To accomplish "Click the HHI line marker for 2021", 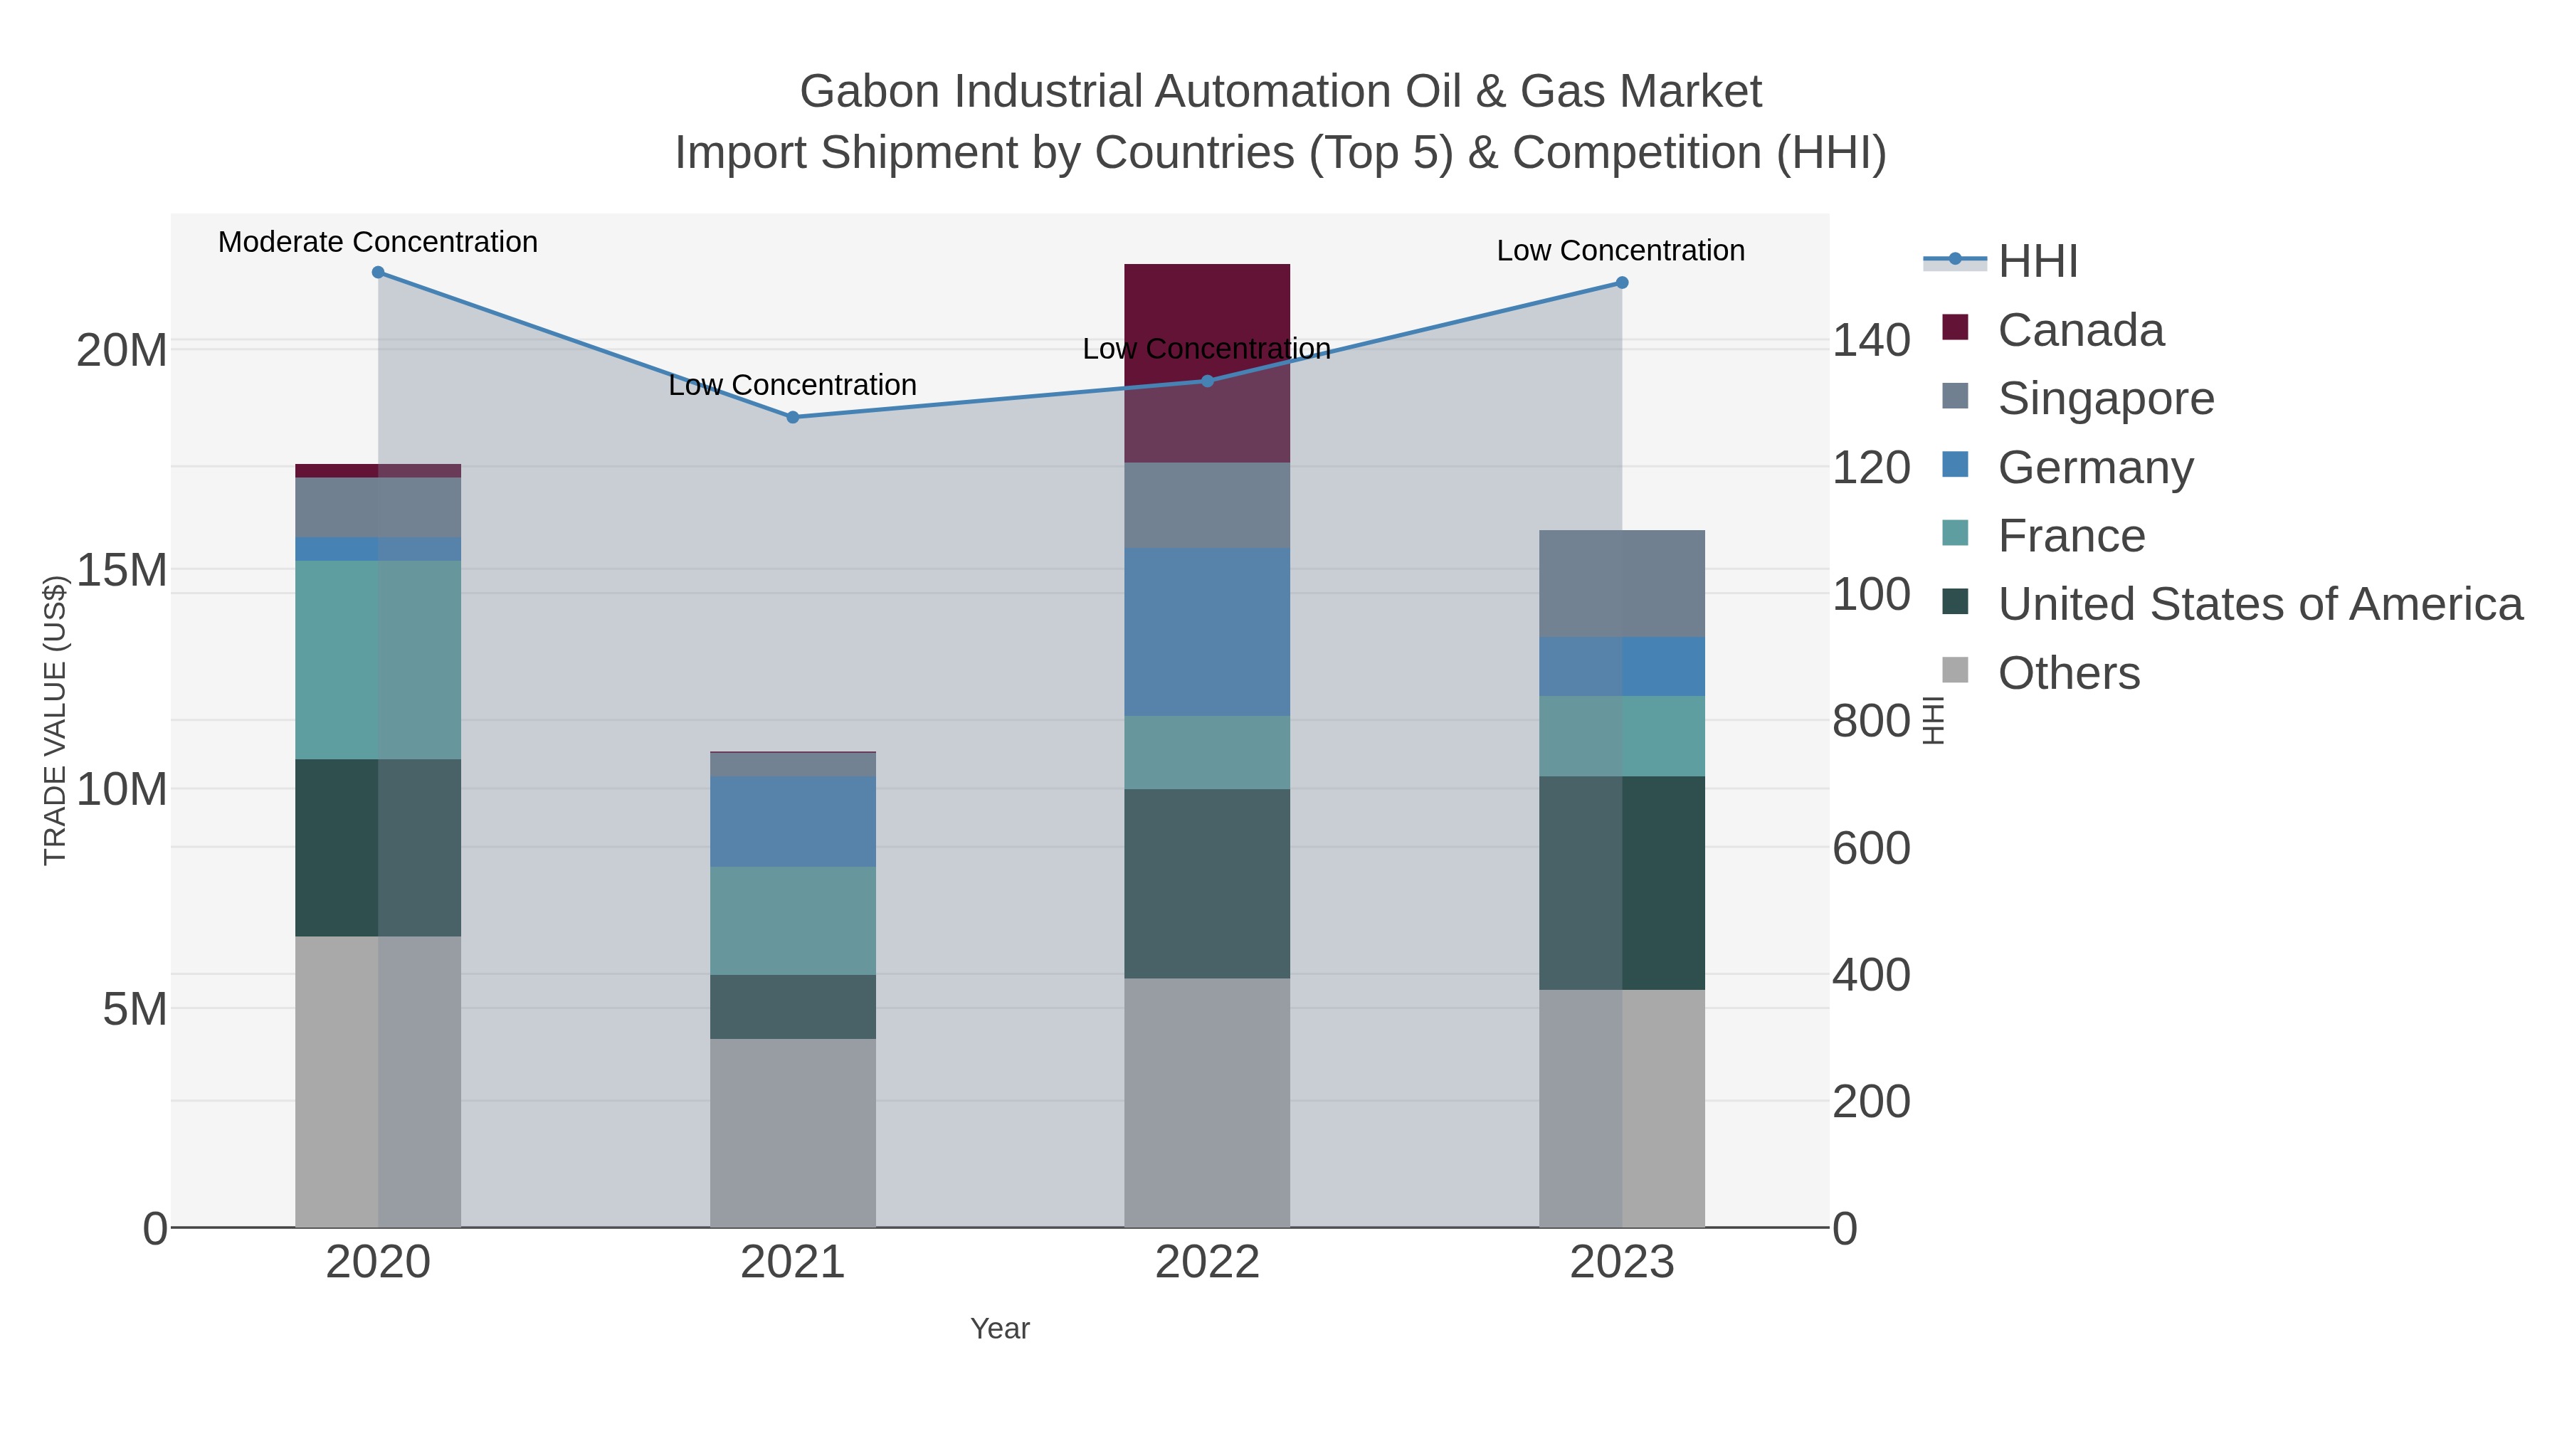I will click(793, 418).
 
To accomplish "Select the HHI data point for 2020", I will click(378, 273).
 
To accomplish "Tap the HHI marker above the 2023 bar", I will click(1622, 283).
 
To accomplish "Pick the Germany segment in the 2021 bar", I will click(793, 821).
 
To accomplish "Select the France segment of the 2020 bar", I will click(378, 660).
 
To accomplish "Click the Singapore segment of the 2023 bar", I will click(1622, 584).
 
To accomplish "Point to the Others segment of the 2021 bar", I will click(793, 1134).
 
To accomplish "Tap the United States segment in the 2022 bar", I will click(1206, 884).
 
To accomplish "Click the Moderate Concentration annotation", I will click(378, 243).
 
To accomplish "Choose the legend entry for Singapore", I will click(2106, 398).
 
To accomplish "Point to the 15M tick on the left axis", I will click(121, 571).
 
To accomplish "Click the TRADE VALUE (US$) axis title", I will click(55, 720).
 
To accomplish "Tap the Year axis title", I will click(1000, 1329).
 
